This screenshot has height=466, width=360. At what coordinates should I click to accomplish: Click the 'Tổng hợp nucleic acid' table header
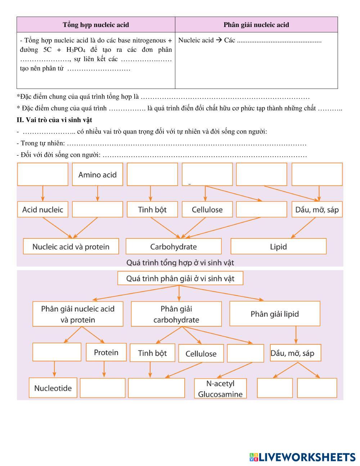tap(96, 24)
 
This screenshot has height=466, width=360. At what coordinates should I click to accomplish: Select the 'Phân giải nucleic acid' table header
tap(256, 24)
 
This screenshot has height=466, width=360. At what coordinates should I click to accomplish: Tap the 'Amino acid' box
tap(98, 175)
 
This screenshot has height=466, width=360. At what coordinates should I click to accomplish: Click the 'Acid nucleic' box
tap(43, 210)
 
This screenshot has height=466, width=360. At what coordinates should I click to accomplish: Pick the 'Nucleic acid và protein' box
tap(71, 247)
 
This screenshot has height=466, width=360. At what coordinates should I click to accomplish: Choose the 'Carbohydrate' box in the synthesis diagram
tap(174, 247)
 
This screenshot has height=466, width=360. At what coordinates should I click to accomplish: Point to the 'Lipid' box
tap(278, 247)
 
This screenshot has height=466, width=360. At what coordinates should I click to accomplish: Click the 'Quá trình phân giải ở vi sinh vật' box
tap(180, 278)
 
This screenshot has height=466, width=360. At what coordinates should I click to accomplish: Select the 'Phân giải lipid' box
tap(275, 314)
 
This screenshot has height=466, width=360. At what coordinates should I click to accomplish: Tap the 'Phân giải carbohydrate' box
tap(176, 314)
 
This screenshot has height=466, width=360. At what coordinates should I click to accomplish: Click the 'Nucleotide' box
tap(53, 388)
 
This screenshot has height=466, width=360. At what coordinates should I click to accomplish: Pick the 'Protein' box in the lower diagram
tap(106, 352)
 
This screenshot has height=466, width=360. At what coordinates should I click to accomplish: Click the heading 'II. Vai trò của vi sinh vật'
tap(54, 120)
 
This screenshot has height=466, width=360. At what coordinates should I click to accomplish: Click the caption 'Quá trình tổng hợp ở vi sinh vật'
tap(180, 263)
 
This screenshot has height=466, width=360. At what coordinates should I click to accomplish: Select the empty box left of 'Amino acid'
tap(43, 175)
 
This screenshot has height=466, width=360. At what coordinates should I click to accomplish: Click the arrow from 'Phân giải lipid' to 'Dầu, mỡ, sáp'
tap(296, 335)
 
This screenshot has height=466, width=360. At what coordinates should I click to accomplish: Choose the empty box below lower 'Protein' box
tap(103, 388)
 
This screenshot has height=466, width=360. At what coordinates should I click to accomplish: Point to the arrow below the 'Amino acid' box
tap(98, 193)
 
